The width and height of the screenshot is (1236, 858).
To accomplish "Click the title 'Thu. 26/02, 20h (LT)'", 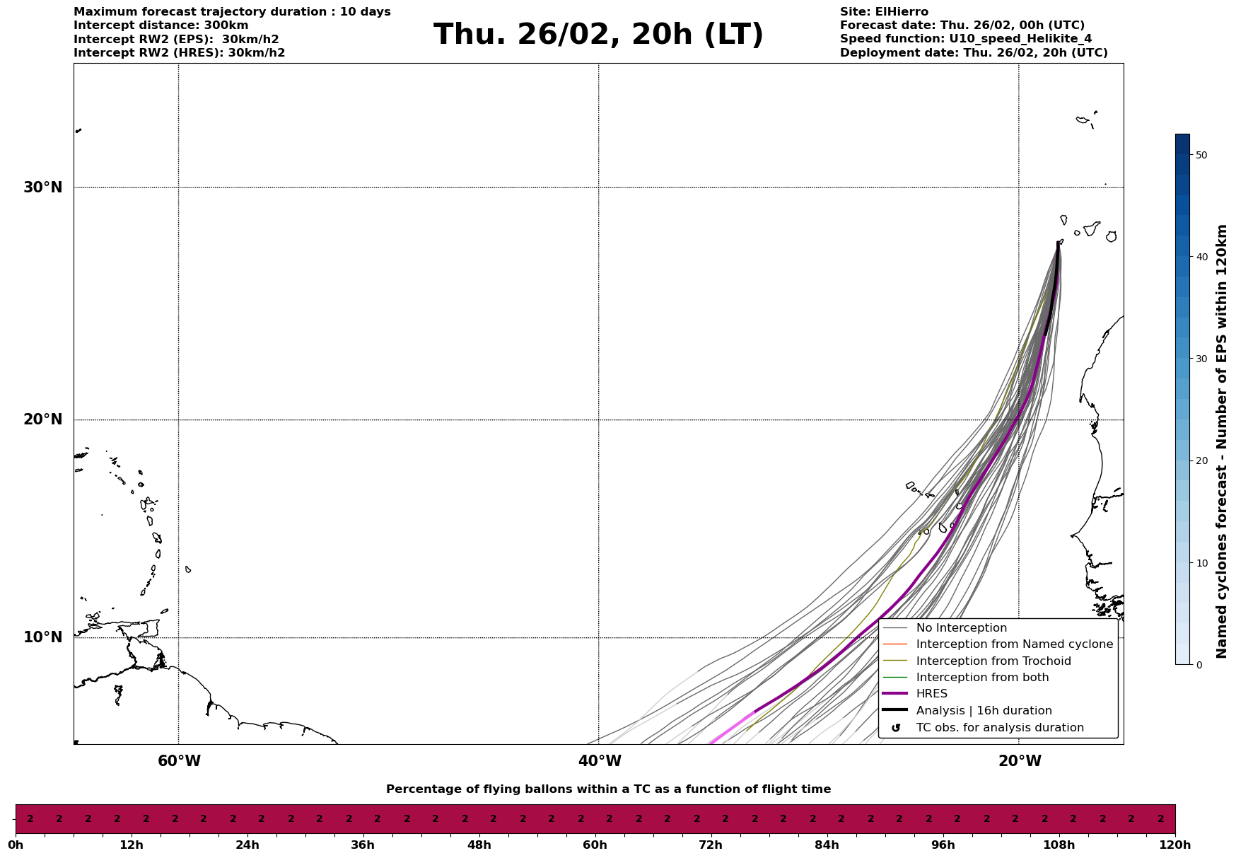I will click(598, 35).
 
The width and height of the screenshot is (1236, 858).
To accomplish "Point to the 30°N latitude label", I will click(43, 187).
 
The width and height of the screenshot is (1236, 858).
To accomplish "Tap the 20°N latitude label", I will click(43, 419).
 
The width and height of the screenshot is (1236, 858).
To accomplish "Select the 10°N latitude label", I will click(43, 637).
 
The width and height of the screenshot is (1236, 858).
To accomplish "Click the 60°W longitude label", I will click(179, 761).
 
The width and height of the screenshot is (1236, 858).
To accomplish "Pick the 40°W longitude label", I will click(600, 761).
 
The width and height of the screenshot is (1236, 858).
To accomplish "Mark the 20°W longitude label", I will click(1020, 761).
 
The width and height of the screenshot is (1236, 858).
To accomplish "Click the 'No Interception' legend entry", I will click(961, 628).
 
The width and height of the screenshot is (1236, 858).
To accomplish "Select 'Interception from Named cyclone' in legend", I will click(1014, 644).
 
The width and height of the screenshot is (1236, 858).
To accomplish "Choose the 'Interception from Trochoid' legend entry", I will click(993, 661).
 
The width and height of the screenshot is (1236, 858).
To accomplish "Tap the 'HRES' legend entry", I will click(931, 694).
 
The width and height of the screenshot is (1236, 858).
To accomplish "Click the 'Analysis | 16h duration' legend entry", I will click(984, 711).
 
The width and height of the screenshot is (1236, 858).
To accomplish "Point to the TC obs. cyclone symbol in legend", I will click(896, 728).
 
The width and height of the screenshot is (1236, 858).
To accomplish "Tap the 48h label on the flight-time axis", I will click(479, 845).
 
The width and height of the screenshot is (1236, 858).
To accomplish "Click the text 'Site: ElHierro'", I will click(884, 12).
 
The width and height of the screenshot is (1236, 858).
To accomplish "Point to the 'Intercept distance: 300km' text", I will click(161, 25).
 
